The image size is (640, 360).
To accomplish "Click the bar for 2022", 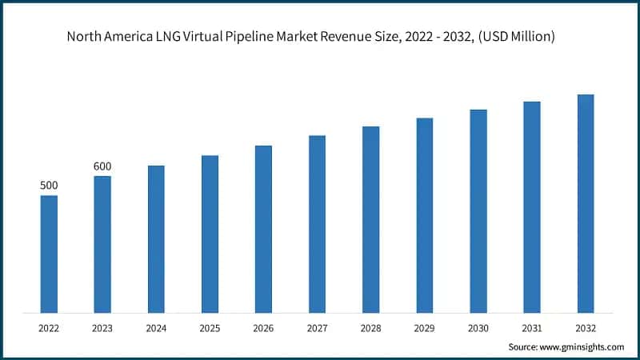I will pyautogui.click(x=49, y=254).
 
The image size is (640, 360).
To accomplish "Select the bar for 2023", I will pyautogui.click(x=102, y=244).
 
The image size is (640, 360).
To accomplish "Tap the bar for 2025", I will pyautogui.click(x=210, y=234).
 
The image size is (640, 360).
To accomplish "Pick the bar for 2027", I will pyautogui.click(x=317, y=224).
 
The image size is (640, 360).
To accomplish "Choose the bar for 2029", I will pyautogui.click(x=424, y=215).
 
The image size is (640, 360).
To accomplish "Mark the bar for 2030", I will pyautogui.click(x=478, y=210).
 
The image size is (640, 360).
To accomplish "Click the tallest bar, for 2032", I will pyautogui.click(x=586, y=203).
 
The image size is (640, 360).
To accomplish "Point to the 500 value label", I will pyautogui.click(x=49, y=186).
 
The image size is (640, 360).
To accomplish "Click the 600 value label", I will pyautogui.click(x=102, y=166).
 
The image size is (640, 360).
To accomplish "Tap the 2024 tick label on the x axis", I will pyautogui.click(x=156, y=327).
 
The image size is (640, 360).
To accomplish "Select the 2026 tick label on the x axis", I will pyautogui.click(x=263, y=327).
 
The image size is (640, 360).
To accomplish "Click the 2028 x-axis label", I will pyautogui.click(x=370, y=327).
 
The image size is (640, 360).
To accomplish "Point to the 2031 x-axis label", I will pyautogui.click(x=532, y=327).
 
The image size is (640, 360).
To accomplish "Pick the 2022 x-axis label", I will pyautogui.click(x=49, y=327).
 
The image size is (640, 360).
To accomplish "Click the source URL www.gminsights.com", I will pyautogui.click(x=582, y=346).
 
